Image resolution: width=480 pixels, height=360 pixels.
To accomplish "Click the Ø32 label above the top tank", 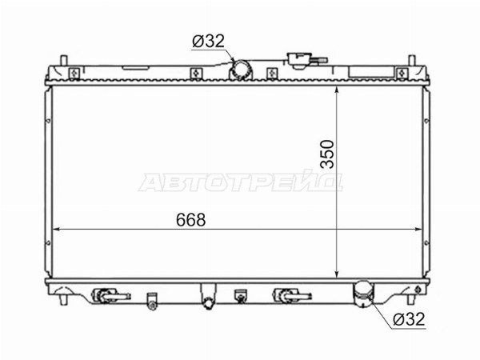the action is (x=209, y=41).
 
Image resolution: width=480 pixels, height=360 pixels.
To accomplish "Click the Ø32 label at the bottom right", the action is (x=409, y=319).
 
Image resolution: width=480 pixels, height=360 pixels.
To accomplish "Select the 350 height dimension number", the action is (x=327, y=154).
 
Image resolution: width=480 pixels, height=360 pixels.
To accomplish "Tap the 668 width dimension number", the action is (x=190, y=220).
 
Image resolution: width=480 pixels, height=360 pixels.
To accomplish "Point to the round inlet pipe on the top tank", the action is (x=241, y=70).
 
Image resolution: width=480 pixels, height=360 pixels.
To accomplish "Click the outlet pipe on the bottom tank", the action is (x=363, y=294).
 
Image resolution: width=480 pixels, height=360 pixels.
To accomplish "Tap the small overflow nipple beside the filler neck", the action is (x=319, y=60).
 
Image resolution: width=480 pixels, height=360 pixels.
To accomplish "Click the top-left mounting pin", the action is (x=63, y=60).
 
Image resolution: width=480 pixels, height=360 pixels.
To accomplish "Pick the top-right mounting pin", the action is (x=412, y=60).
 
